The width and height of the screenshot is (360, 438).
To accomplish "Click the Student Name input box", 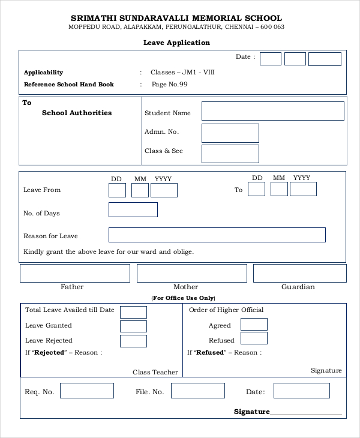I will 272,111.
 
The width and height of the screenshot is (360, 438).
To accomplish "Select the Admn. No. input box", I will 230,133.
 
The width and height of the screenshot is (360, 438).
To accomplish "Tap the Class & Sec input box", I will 230,154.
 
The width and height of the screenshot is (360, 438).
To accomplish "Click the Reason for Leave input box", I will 217,235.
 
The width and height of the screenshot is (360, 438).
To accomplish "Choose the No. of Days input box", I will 133,210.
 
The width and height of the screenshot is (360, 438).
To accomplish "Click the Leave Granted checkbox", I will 133,326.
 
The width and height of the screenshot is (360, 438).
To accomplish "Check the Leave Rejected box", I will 133,341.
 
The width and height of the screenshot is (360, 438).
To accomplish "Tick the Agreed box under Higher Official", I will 254,324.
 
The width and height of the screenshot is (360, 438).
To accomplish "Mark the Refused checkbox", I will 254,338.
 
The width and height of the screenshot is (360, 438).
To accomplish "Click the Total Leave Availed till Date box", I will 133,312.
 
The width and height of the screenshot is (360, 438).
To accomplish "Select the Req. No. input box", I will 86,391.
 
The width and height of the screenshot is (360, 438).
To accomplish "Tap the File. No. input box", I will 197,391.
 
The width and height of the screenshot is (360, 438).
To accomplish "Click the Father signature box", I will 75,273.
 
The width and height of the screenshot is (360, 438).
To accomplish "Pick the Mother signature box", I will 191,273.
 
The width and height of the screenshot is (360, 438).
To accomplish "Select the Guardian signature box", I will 299,273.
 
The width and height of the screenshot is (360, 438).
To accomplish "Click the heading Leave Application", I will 176,43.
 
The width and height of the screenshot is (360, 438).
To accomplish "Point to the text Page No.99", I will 170,85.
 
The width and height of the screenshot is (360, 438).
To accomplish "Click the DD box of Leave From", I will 117,190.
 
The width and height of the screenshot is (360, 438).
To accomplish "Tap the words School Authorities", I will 77,113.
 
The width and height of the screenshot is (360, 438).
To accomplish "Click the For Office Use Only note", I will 183,298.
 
